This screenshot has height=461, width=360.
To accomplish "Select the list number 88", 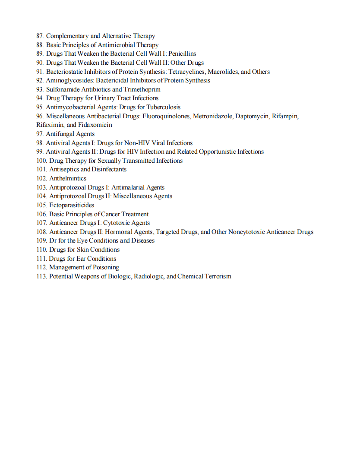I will click(x=40, y=45).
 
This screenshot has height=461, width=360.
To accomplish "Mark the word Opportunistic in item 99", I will click(x=218, y=152).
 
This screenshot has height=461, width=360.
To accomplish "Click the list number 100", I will click(x=41, y=161).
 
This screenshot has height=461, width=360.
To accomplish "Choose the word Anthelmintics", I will click(x=68, y=178).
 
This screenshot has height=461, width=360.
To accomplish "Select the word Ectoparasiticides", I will click(x=72, y=205).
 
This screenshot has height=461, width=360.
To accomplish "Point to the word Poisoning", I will click(x=103, y=267).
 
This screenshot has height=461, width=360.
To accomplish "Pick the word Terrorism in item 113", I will click(x=218, y=276).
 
